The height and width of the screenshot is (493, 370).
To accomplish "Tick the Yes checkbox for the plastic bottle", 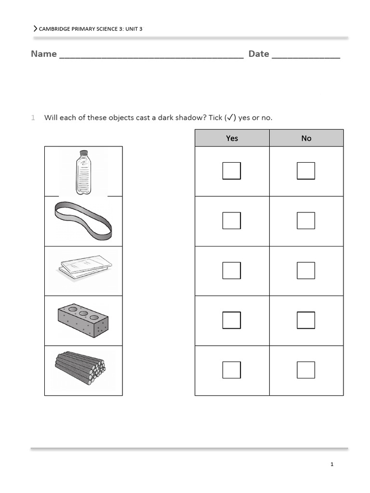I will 231,171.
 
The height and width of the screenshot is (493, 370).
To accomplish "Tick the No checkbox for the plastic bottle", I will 306,171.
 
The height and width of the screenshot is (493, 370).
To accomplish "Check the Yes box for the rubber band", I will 231,221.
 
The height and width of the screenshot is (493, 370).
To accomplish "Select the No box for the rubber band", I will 306,221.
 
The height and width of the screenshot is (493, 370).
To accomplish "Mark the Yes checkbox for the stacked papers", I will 231,271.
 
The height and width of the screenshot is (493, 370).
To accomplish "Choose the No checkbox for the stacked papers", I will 306,271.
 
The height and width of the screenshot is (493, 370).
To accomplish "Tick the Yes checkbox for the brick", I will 231,320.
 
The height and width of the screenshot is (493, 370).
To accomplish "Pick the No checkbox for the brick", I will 306,320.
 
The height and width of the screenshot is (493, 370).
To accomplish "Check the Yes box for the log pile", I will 231,370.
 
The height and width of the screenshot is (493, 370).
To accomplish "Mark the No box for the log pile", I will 306,370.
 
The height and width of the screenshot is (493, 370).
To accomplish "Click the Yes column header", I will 232,138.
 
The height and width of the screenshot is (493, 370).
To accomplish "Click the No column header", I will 306,138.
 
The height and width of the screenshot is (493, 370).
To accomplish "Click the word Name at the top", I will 44,54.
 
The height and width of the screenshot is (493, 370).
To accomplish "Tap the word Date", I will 259,54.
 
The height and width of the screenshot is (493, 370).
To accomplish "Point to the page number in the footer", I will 332,465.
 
